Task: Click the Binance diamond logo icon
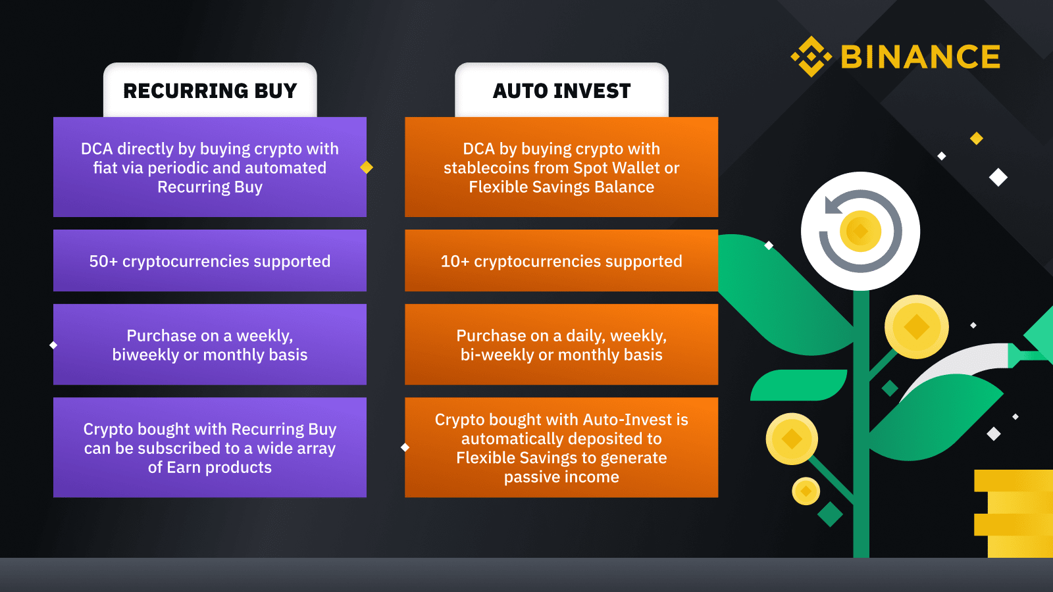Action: point(811,57)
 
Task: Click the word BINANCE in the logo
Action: point(921,57)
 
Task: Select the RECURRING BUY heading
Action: point(210,91)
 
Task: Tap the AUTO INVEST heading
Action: point(562,91)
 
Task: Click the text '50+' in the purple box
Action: point(103,261)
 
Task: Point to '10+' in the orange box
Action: point(455,261)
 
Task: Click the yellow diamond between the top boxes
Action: point(367,167)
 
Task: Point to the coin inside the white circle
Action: point(860,231)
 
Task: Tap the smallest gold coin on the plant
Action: point(806,491)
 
